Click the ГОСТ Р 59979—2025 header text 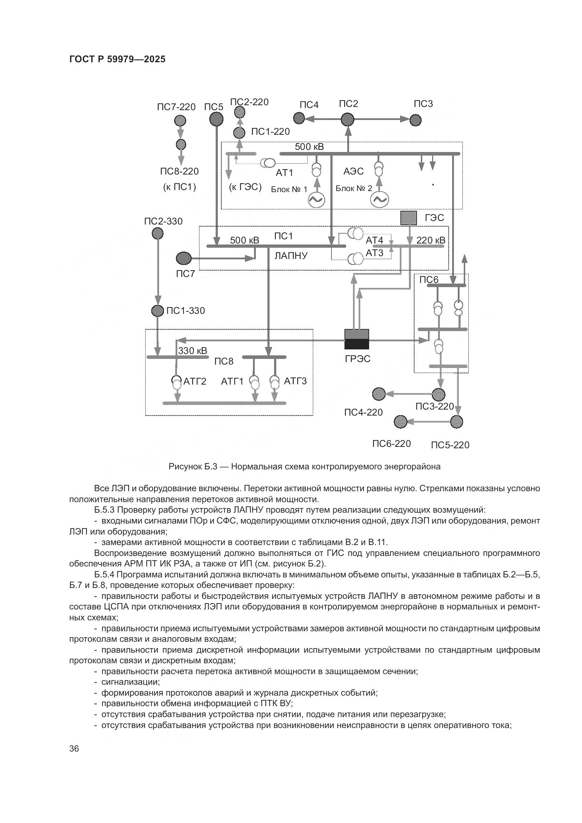pos(118,59)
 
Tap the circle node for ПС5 pos(216,119)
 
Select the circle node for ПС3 pos(415,120)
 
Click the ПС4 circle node pos(299,118)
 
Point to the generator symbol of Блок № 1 pos(317,200)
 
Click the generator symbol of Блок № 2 pos(379,200)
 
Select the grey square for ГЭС pos(408,218)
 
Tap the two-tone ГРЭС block pos(356,339)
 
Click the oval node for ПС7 pos(184,258)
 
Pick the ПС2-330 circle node pos(158,234)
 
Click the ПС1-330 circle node pos(158,311)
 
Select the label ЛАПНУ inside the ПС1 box pos(291,256)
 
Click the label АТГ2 pos(195,381)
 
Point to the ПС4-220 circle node pos(379,394)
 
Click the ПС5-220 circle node pos(456,422)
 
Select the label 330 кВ pos(192,350)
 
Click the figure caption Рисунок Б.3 pos(304,467)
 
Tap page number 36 pos(74,748)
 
